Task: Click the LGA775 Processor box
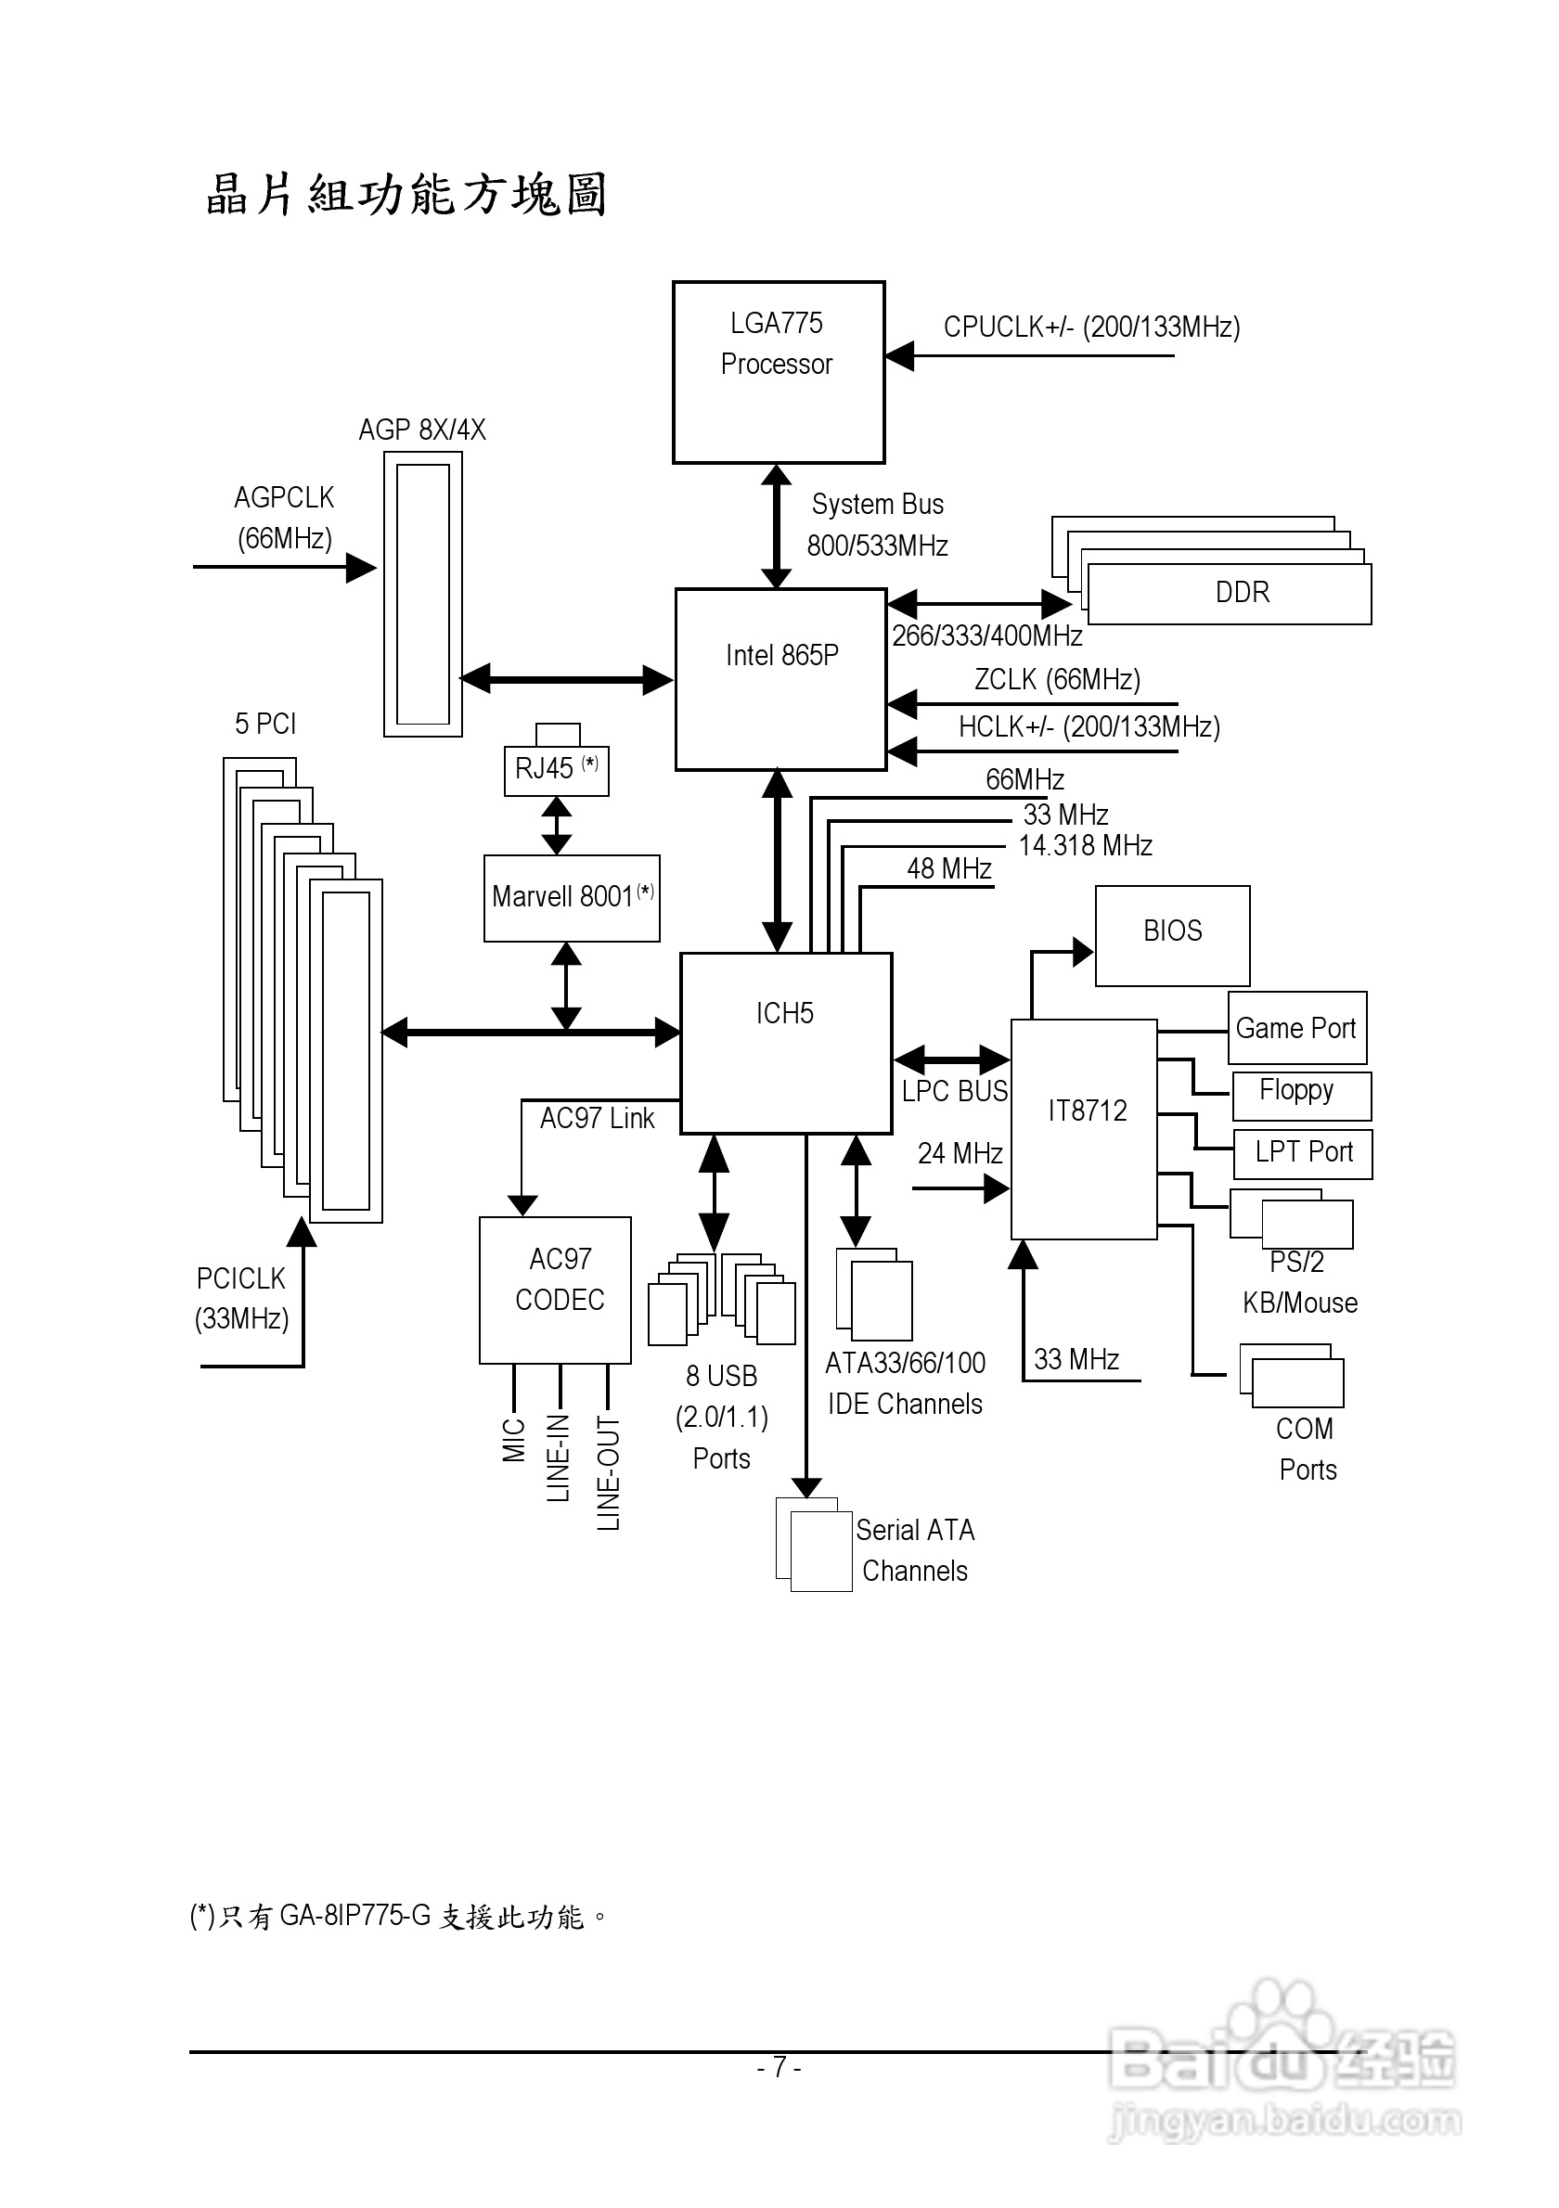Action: coord(778,372)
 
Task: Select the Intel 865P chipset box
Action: coord(780,679)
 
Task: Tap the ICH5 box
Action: coord(786,1044)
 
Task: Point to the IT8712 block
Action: coord(1084,1129)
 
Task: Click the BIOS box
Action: coord(1172,935)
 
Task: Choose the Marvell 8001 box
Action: coord(572,898)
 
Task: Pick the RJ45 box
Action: coord(556,769)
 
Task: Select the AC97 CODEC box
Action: coord(555,1290)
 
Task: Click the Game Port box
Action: coord(1296,1028)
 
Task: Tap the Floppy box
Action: coord(1300,1096)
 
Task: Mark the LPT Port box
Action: coord(1302,1153)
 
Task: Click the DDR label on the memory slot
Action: coord(1242,593)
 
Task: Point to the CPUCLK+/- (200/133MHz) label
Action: coord(1091,327)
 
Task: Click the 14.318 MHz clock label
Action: coord(1085,846)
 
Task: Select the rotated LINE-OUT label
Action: coord(609,1473)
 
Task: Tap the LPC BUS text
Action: coord(954,1092)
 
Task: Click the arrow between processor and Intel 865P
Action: coord(776,526)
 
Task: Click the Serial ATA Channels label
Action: coord(915,1550)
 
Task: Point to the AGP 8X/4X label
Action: coord(422,430)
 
